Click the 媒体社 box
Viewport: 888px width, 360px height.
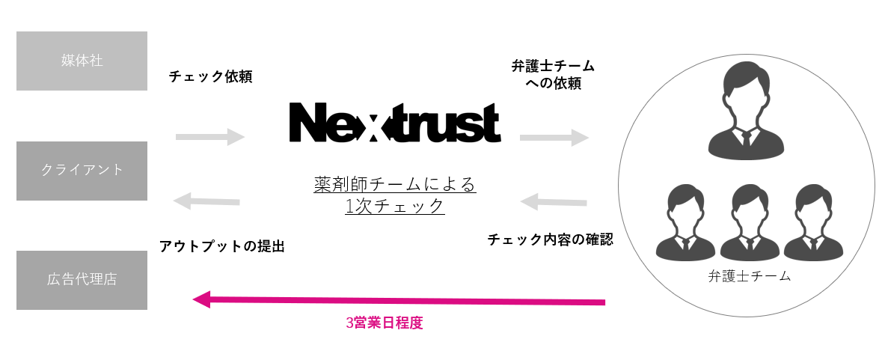point(82,61)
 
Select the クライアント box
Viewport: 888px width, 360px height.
point(82,170)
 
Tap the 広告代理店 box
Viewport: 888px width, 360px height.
point(82,280)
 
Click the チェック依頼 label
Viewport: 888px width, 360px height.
point(210,76)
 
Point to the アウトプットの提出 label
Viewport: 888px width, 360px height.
point(222,246)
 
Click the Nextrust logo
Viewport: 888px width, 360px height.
point(395,123)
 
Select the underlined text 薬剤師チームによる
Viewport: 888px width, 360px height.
point(395,183)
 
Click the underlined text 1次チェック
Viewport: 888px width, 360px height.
point(395,206)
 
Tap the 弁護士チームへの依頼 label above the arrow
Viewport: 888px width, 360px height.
point(553,75)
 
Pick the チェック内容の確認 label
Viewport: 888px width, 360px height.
point(550,240)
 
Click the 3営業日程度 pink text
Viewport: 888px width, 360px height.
point(385,325)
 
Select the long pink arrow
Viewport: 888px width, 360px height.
point(399,301)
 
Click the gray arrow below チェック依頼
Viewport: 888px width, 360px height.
point(210,136)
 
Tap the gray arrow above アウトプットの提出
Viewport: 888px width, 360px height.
point(206,201)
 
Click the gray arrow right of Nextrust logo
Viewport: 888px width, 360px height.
point(554,137)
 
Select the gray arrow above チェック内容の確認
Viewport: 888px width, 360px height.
point(554,201)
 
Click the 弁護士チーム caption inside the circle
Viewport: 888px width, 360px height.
point(749,276)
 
